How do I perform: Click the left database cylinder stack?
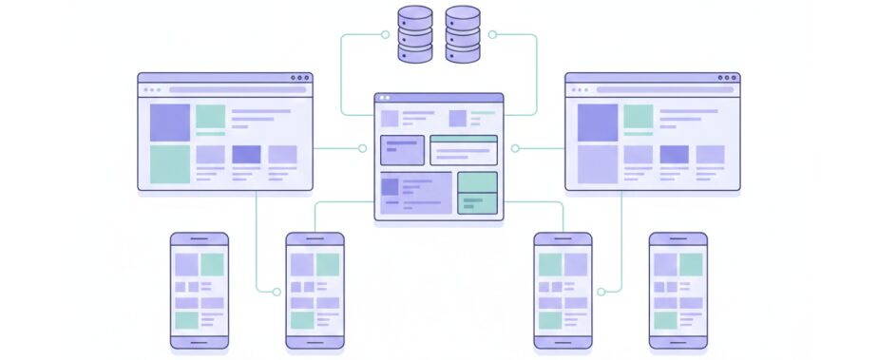point(414,34)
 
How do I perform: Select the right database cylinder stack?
point(463,34)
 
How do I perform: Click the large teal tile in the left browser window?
point(170,163)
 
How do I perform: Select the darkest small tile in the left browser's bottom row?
point(246,154)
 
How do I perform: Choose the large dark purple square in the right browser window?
point(598,122)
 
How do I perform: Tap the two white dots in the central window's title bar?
point(384,97)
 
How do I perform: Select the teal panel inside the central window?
point(477,193)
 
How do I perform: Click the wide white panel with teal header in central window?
point(464,150)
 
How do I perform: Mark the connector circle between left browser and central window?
point(362,148)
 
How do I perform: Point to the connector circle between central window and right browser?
point(515,148)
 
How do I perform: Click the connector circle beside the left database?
point(385,34)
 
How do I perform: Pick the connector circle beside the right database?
point(492,34)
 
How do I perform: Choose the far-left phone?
point(199,291)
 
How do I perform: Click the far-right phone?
point(678,291)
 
